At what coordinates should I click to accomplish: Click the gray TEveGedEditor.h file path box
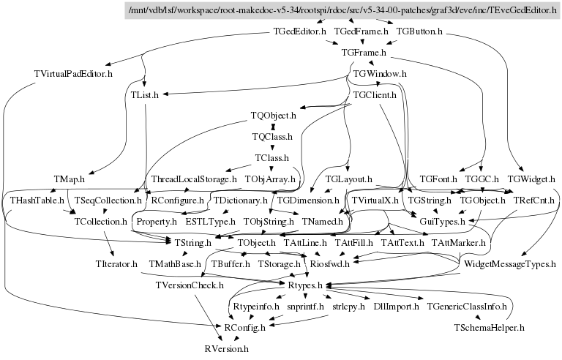342,11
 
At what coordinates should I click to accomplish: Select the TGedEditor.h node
299,33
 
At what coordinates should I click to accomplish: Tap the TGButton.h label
419,33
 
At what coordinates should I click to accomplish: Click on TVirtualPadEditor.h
73,74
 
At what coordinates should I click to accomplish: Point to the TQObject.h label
273,116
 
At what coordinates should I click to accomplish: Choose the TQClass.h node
272,137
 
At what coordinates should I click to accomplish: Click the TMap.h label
69,179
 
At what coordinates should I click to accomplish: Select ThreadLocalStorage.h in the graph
194,179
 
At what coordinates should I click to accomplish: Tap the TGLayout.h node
350,179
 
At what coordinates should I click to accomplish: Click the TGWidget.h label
531,179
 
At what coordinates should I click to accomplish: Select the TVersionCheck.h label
190,285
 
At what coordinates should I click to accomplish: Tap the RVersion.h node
227,349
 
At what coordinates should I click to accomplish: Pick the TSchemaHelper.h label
490,327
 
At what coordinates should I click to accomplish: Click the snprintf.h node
305,307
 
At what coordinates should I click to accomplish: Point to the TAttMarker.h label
459,242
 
